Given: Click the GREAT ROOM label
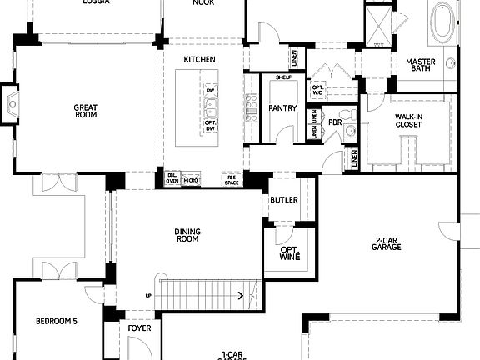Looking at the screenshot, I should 86,111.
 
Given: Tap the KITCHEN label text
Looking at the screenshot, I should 200,60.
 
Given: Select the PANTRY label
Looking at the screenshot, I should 277,108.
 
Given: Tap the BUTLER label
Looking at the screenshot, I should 278,200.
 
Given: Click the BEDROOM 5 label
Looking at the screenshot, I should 56,321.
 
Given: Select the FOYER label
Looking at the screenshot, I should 139,327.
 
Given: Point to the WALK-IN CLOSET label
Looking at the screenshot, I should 408,121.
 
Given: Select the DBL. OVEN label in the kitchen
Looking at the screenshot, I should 172,179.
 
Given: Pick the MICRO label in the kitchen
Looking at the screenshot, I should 192,179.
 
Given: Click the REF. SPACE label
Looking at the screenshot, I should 231,179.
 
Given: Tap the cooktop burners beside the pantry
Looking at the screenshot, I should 251,106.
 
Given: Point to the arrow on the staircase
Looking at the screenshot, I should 240,294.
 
